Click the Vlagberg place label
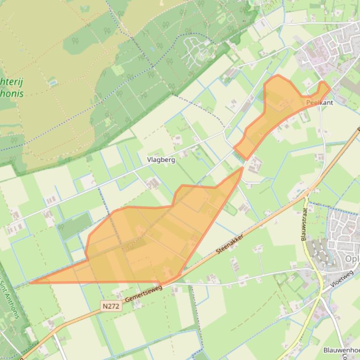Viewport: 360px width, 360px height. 161,159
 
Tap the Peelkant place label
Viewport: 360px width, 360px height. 320,102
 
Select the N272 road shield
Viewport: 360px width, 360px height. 110,306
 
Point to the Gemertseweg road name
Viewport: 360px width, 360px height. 143,293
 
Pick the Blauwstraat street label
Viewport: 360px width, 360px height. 305,225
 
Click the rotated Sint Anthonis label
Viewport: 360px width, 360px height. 10,299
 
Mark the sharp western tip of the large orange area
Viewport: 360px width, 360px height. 30,282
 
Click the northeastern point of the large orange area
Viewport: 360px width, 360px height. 242,168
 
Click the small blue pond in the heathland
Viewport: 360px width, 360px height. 52,82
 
